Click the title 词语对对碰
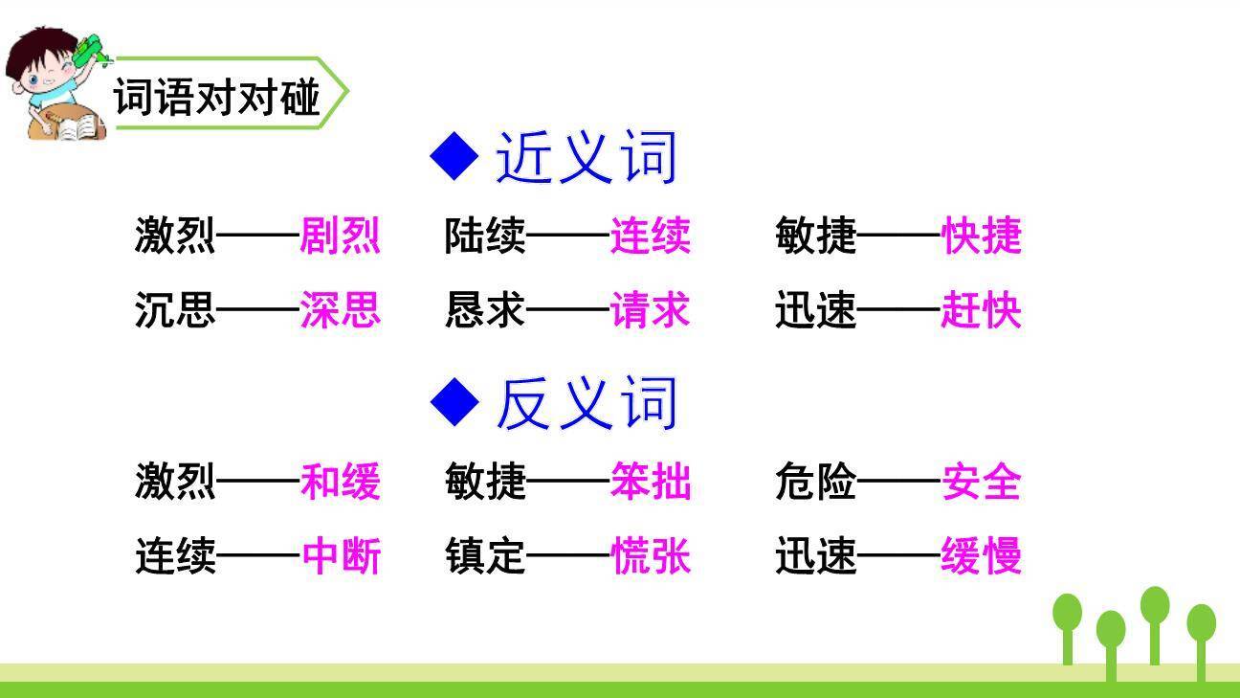pos(216,97)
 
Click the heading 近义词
pos(587,157)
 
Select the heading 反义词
pos(587,402)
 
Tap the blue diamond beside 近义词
pos(454,156)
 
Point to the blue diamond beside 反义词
pos(454,402)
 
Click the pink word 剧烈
pos(341,236)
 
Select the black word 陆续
pos(485,236)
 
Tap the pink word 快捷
pos(982,236)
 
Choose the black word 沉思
pos(175,310)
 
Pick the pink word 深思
pos(341,310)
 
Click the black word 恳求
pos(485,310)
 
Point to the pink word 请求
pos(651,310)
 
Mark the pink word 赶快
pos(982,310)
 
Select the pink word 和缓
pos(341,481)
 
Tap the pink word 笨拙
pos(651,481)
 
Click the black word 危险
pos(816,481)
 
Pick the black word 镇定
pos(485,555)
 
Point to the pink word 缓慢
pos(982,555)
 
